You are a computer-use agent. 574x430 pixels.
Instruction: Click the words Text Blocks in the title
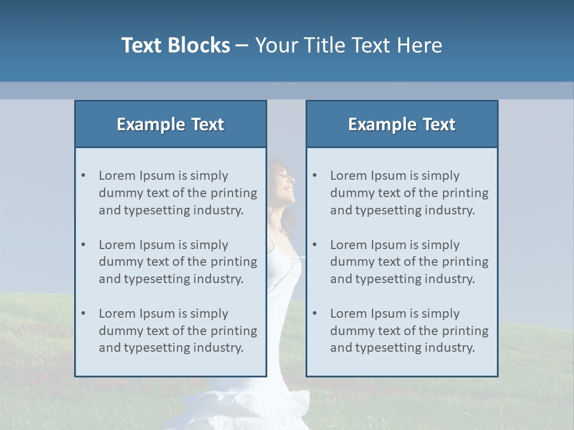coord(175,45)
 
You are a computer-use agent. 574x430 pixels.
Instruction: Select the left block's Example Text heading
coord(170,124)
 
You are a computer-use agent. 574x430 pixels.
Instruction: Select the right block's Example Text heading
coord(402,124)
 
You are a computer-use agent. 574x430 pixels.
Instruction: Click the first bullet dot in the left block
coord(83,176)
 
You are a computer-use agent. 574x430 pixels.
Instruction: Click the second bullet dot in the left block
coord(83,245)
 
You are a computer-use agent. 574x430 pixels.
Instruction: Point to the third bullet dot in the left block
coord(83,314)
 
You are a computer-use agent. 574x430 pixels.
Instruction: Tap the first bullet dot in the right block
coord(315,176)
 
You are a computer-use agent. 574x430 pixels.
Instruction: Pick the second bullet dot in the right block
coord(315,245)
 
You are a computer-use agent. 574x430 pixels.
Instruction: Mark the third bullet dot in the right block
coord(315,314)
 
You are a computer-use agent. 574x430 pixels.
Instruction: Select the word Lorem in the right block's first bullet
coord(347,176)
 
